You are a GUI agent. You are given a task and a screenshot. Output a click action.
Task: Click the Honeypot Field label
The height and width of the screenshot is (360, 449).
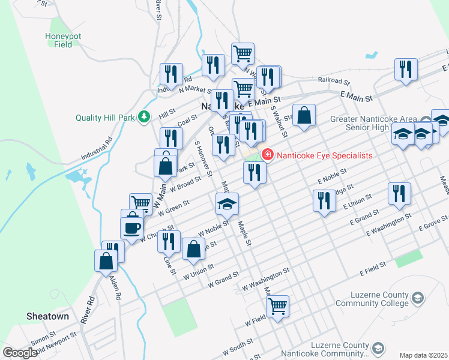click(59, 40)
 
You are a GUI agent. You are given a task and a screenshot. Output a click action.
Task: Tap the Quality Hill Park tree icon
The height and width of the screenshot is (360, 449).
click(144, 116)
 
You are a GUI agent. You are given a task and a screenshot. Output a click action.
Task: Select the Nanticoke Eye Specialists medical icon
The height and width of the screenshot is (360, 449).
click(267, 155)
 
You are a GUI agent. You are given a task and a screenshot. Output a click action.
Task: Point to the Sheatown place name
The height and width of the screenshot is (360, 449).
click(47, 316)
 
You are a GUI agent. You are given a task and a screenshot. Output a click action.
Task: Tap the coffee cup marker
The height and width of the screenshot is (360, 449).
click(132, 227)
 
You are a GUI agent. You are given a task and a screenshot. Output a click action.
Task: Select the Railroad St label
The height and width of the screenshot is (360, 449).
click(334, 80)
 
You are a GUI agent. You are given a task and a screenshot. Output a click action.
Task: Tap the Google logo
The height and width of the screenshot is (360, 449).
click(20, 353)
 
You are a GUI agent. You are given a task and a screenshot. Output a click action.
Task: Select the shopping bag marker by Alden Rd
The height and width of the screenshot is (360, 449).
click(106, 261)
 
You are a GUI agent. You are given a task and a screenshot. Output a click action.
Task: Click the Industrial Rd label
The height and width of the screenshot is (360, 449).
click(97, 151)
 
